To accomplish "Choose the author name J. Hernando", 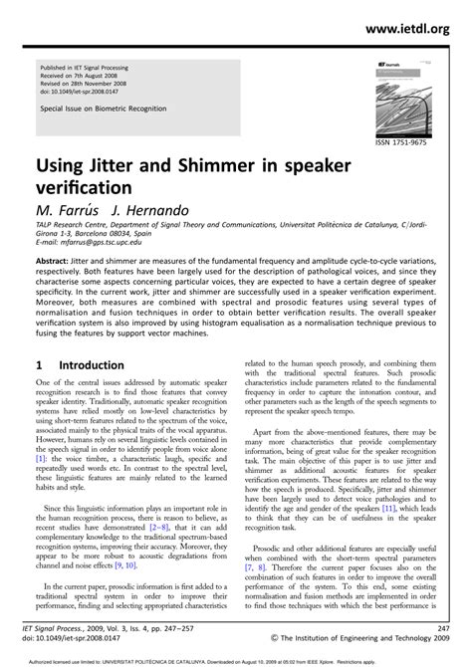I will tap(152, 211).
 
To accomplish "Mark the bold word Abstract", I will tap(56, 260).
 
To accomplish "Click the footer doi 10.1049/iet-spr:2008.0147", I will tap(83, 640).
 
